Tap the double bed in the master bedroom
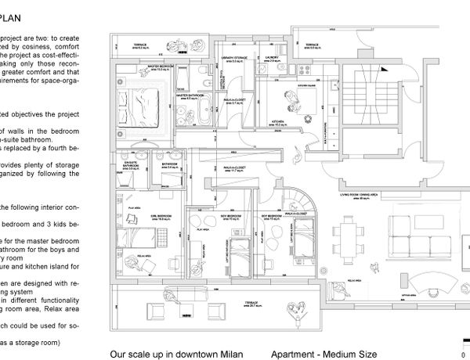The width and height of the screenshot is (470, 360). pyautogui.click(x=142, y=101)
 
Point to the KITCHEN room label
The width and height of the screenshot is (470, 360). pyautogui.click(x=278, y=121)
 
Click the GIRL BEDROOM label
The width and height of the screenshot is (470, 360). pyautogui.click(x=143, y=197)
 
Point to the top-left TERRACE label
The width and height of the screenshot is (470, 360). pyautogui.click(x=140, y=45)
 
